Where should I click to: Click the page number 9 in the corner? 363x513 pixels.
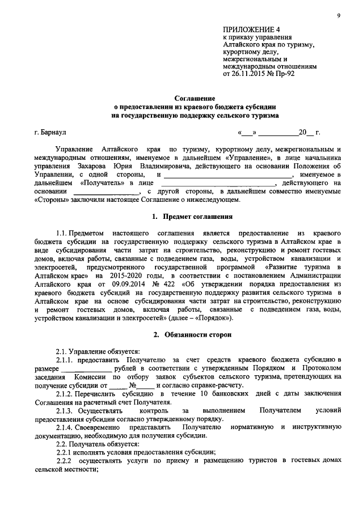coord(338,16)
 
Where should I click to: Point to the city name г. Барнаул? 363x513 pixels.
coord(50,133)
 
